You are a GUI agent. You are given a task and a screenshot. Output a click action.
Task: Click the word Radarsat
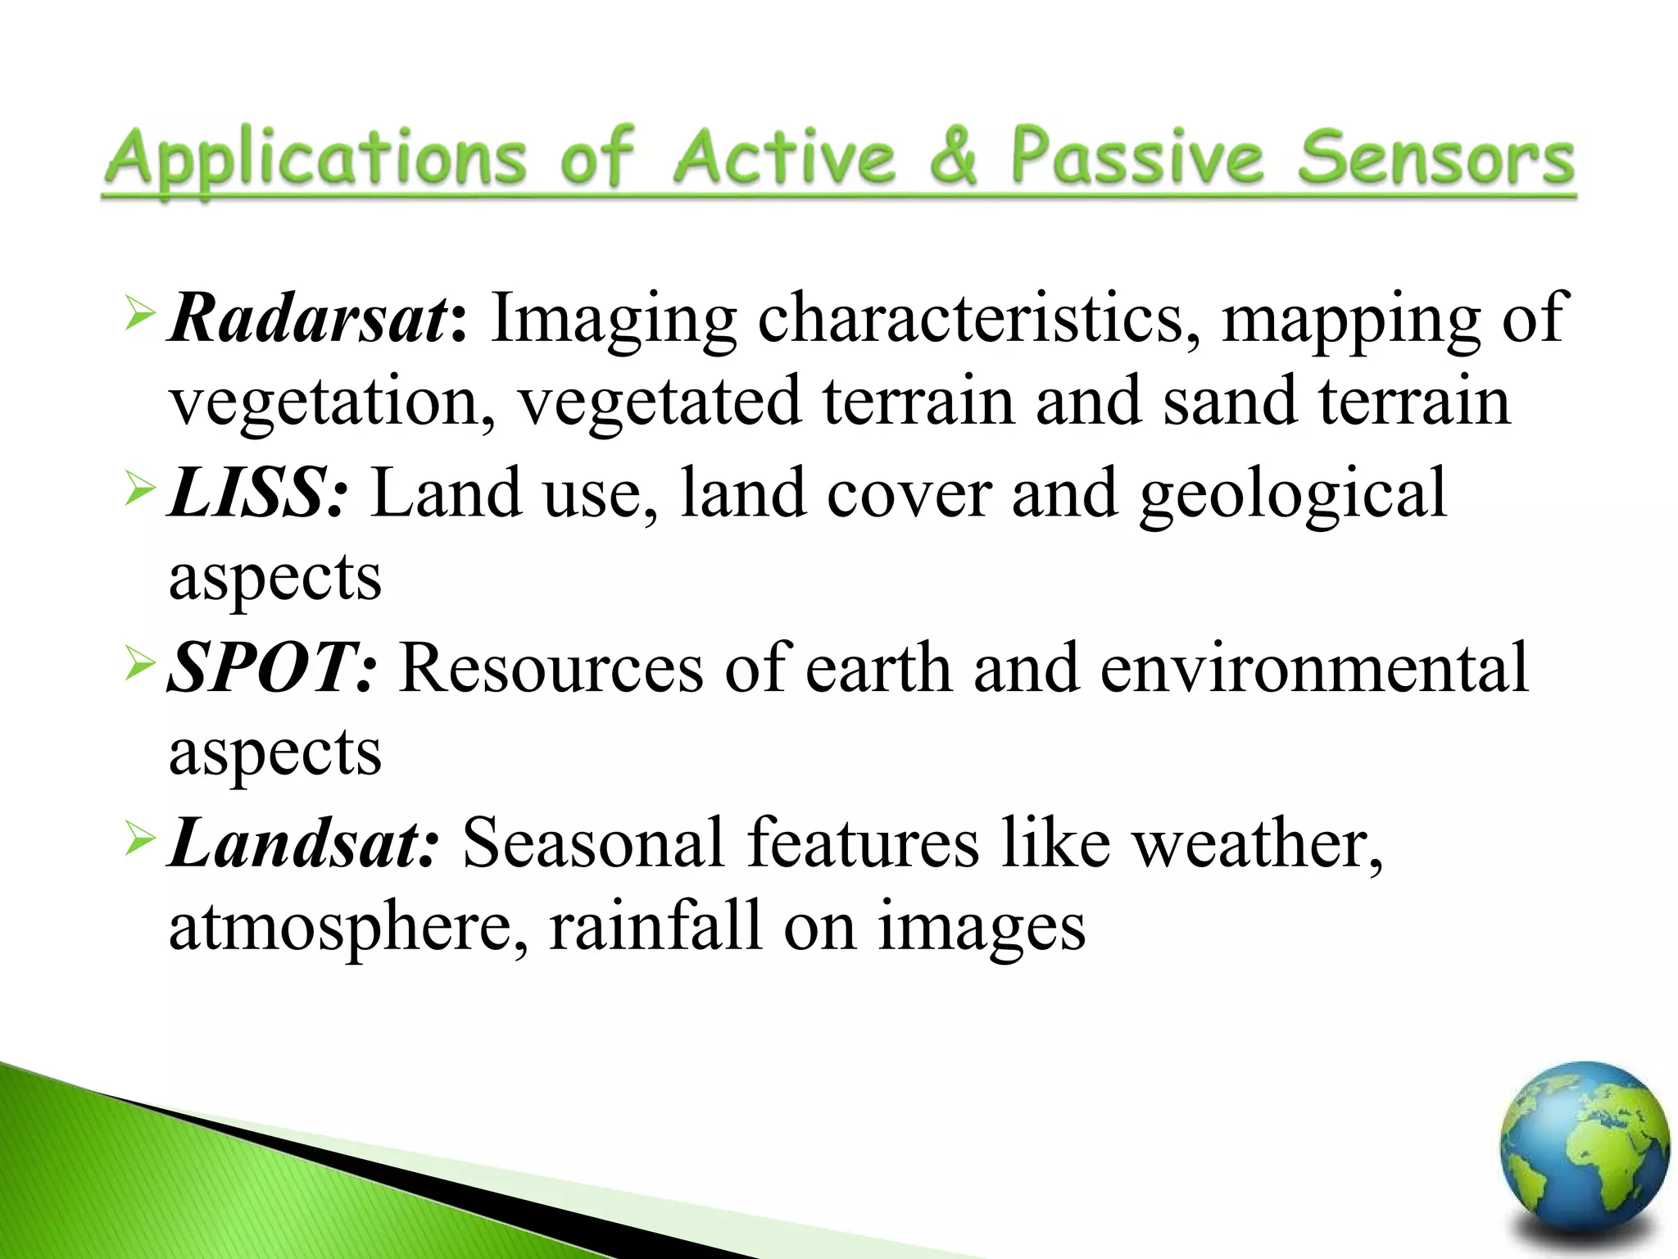308,318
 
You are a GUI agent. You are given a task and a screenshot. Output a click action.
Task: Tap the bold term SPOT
261,668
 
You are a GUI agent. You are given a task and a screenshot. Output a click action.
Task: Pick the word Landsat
294,843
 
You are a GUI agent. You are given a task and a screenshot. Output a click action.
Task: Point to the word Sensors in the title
1435,157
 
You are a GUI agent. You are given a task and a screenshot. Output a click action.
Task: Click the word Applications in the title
316,160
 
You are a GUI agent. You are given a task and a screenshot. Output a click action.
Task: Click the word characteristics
971,318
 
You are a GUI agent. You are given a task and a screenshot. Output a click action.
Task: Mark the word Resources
551,668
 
